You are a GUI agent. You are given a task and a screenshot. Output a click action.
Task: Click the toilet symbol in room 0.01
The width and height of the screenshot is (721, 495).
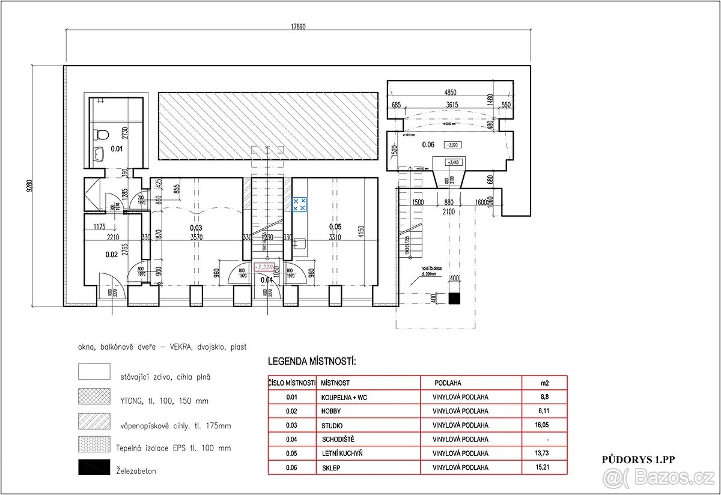tap(102, 134)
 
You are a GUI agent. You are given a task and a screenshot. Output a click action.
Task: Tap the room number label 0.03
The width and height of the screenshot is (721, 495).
tap(196, 227)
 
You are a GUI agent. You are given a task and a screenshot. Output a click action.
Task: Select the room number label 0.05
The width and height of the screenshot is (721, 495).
tap(335, 226)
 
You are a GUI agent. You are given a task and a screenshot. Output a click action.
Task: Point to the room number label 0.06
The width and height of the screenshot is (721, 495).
tap(428, 144)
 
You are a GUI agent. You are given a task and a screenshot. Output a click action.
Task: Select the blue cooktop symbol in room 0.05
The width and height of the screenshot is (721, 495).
tap(299, 204)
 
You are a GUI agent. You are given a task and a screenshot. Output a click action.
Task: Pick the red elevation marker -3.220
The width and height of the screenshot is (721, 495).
tap(265, 267)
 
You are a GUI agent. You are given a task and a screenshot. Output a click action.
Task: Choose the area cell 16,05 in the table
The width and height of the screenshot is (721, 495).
tap(544, 425)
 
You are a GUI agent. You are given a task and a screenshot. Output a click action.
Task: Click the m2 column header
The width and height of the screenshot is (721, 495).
tap(544, 383)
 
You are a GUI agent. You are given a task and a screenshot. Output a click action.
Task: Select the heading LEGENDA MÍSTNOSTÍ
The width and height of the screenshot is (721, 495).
tap(312, 362)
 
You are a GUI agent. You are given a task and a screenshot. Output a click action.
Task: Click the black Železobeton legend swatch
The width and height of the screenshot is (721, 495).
tap(94, 467)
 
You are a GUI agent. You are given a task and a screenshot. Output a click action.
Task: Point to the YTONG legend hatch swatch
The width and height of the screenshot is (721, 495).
tap(94, 396)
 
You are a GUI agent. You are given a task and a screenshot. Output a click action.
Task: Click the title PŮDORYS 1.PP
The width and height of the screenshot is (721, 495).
tap(639, 460)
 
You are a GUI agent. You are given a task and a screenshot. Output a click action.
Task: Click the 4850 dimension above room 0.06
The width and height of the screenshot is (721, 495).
tap(450, 93)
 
